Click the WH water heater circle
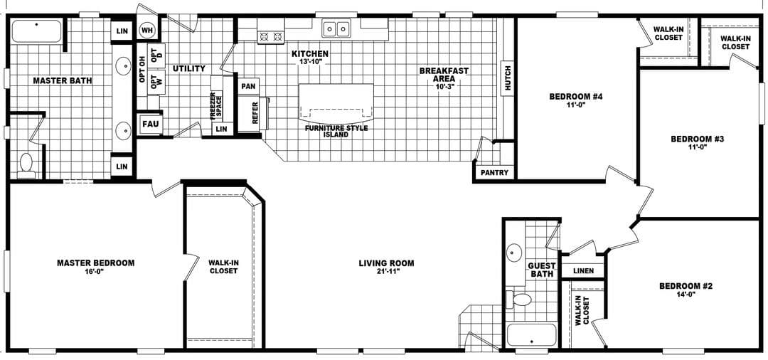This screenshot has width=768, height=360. (148, 31)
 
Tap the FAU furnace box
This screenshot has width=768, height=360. (150, 124)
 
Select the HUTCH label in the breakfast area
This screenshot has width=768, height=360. (507, 78)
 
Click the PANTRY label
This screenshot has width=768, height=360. (494, 172)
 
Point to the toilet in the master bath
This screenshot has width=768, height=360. (26, 164)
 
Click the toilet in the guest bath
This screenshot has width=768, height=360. (523, 298)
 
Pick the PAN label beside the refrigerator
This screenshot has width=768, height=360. (248, 86)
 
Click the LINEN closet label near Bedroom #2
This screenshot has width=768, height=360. (583, 271)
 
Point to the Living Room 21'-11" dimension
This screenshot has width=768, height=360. (386, 272)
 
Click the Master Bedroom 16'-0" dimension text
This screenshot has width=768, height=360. (95, 271)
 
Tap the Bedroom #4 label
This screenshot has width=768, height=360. (576, 97)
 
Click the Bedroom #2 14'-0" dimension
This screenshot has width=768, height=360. (686, 294)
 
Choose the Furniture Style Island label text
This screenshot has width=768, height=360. (336, 131)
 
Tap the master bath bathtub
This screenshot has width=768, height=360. (37, 32)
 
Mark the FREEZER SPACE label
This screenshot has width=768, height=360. (215, 105)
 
